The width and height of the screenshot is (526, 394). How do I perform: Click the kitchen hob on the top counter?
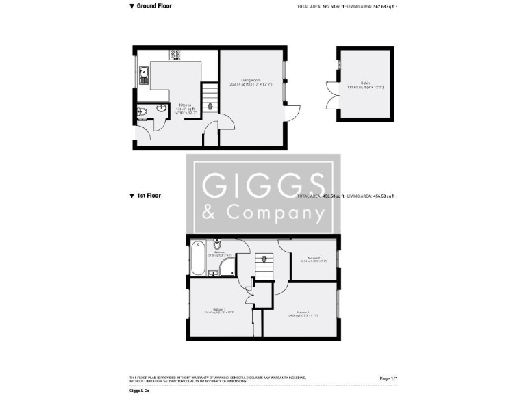click(x=174, y=56)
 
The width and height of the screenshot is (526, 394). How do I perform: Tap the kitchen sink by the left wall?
click(x=144, y=73)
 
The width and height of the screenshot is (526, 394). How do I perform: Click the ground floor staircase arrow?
click(x=210, y=106)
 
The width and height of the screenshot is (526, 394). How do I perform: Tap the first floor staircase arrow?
click(x=263, y=260)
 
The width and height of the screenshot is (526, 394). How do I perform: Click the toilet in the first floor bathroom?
click(x=217, y=244)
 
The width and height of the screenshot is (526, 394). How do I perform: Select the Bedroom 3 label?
click(x=313, y=258)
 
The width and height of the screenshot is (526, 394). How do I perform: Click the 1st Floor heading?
click(x=149, y=196)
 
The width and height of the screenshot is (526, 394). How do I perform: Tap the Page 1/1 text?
click(x=388, y=378)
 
